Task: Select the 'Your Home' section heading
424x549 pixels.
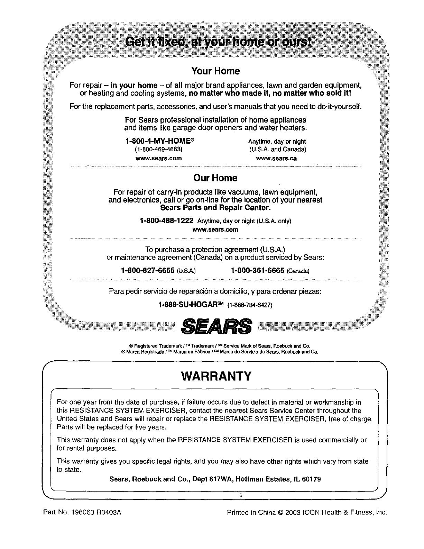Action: [x=215, y=71]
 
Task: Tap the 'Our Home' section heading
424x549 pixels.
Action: [x=215, y=178]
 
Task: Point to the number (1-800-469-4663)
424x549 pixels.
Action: [x=158, y=150]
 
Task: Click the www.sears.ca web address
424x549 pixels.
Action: [x=276, y=158]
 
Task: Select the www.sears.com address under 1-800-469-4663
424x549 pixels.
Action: [x=158, y=158]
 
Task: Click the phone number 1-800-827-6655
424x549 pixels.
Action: [x=147, y=270]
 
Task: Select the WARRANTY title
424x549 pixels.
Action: [x=215, y=376]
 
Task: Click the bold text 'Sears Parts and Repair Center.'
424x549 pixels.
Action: [x=215, y=208]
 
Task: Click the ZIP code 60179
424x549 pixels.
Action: [x=311, y=479]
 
